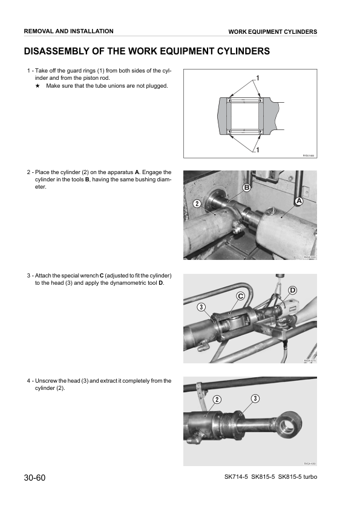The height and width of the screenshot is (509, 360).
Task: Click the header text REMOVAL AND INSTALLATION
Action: click(68, 31)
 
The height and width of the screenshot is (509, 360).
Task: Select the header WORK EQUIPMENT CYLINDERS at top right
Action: click(272, 31)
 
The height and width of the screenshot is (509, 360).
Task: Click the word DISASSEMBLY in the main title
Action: click(61, 51)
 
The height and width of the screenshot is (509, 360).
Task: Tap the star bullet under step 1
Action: click(38, 86)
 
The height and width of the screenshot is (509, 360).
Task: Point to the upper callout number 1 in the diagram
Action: click(257, 79)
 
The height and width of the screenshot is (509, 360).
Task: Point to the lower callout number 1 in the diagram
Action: click(257, 149)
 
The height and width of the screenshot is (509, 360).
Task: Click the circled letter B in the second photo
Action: click(246, 189)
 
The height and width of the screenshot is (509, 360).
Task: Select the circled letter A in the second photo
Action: click(298, 200)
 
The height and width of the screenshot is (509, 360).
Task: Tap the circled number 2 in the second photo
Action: click(197, 203)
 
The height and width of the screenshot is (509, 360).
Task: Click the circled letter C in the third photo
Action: click(240, 296)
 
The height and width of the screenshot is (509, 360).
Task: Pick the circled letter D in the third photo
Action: click(293, 291)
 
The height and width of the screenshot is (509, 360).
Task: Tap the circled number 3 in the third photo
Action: click(200, 308)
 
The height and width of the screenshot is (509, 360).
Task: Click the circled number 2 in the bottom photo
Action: click(217, 398)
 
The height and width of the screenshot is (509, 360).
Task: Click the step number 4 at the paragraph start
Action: click(28, 381)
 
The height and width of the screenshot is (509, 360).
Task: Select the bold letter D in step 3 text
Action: click(160, 283)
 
